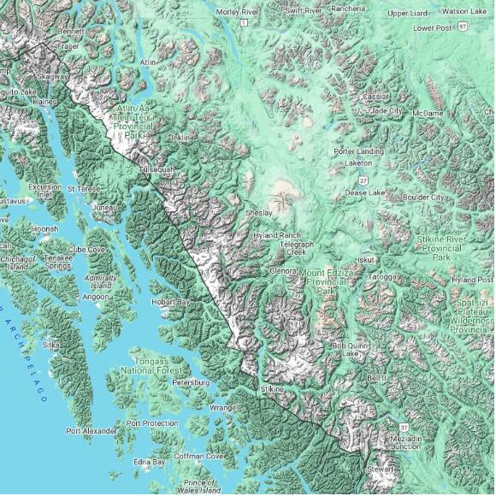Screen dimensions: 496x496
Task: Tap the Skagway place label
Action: point(53,76)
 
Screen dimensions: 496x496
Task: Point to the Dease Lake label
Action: point(364,192)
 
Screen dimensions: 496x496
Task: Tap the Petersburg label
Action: point(191,382)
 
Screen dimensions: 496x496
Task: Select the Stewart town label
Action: point(380,469)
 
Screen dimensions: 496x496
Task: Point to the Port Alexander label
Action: point(92,431)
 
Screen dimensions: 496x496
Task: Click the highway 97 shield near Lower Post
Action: point(462,27)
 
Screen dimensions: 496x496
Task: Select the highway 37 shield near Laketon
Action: point(363,180)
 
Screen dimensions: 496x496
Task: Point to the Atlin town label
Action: point(150,62)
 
